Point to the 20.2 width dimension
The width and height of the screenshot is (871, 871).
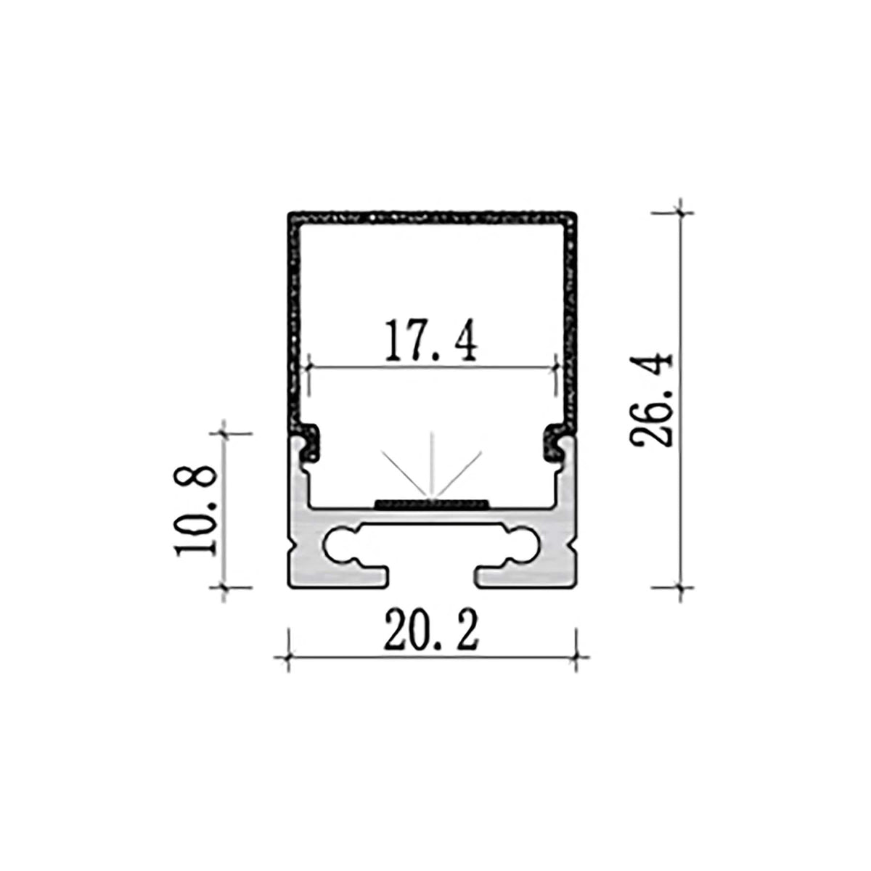click(x=432, y=631)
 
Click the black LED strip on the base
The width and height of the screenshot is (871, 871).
click(x=433, y=502)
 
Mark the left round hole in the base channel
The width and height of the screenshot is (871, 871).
click(x=340, y=546)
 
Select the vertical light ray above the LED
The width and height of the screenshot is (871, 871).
click(x=433, y=465)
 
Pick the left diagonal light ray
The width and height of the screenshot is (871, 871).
click(x=406, y=475)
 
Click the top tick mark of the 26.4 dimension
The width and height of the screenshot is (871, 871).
click(x=679, y=213)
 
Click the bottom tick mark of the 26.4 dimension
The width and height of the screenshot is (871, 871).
click(x=679, y=586)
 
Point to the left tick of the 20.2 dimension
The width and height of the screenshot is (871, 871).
click(x=289, y=658)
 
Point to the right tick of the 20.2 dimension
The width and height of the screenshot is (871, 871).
click(x=576, y=658)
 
